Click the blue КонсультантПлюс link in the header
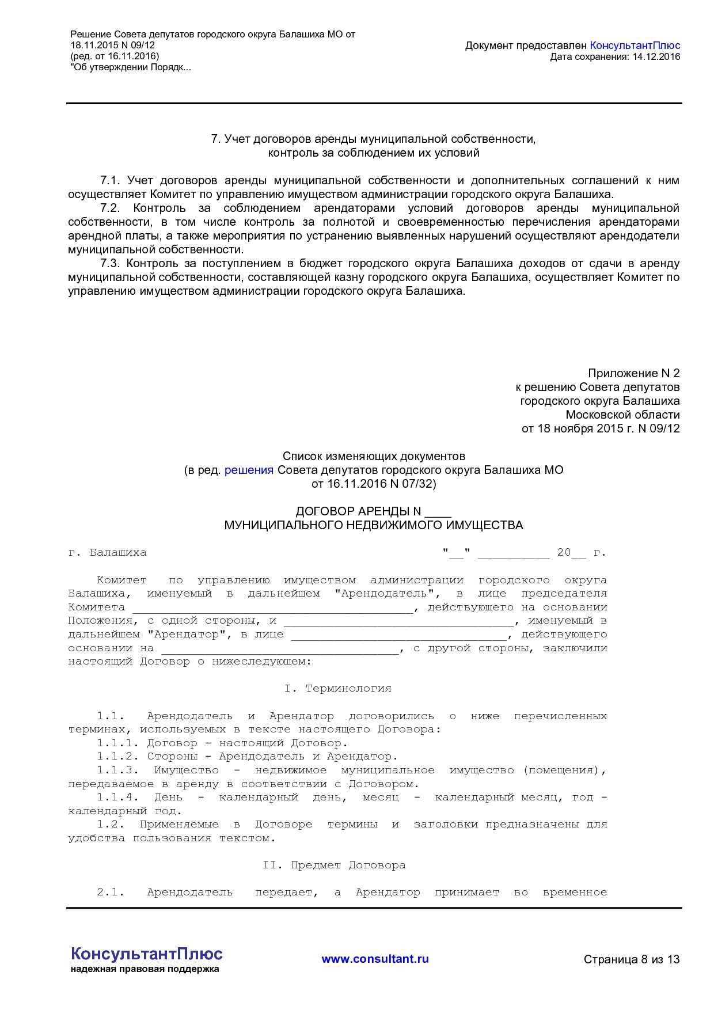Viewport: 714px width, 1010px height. click(x=635, y=45)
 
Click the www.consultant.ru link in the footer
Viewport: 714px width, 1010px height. click(x=375, y=959)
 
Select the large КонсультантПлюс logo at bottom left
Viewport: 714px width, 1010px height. click(x=146, y=954)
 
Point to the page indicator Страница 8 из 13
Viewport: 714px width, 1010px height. click(x=631, y=959)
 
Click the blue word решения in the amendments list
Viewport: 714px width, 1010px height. click(x=249, y=470)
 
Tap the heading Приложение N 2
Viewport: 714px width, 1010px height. click(x=633, y=373)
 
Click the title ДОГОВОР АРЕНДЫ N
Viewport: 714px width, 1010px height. click(x=358, y=511)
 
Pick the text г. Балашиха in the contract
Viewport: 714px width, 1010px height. click(x=107, y=553)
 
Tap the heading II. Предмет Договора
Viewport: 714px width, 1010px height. click(x=334, y=865)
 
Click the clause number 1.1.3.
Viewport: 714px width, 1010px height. click(x=117, y=770)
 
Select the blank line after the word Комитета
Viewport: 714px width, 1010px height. click(x=272, y=608)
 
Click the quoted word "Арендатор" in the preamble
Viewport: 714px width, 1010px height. click(x=187, y=635)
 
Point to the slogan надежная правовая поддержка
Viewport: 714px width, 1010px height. click(x=145, y=969)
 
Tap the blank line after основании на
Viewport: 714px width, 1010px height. click(x=279, y=649)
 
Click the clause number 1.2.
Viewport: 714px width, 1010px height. click(x=111, y=825)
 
